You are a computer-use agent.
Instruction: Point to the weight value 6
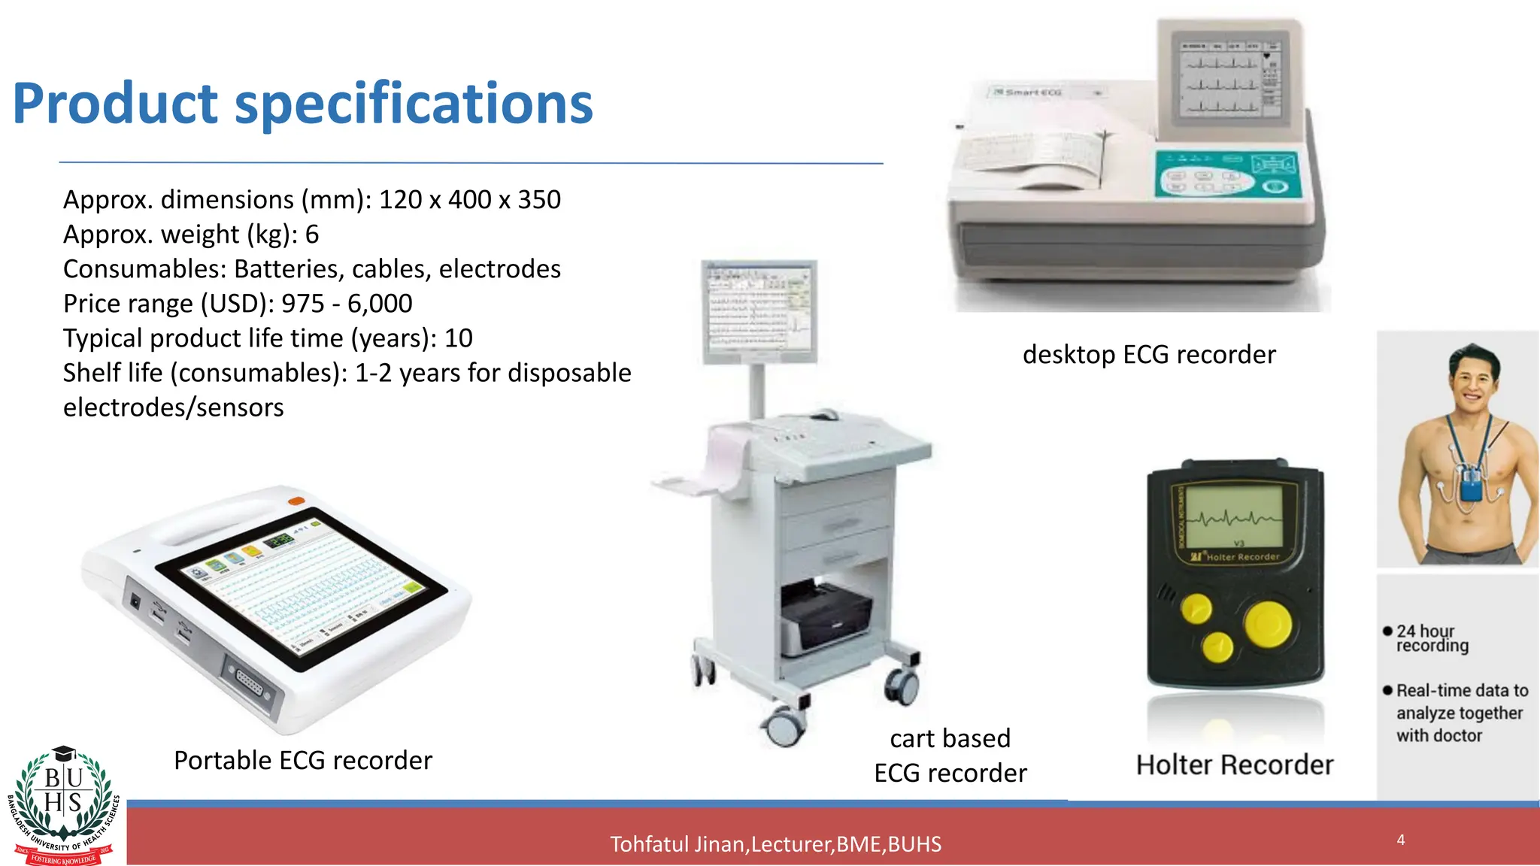[312, 235]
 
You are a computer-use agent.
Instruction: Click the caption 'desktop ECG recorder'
[1149, 354]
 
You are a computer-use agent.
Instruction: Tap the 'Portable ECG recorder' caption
[303, 760]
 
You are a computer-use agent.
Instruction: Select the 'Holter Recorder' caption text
[1235, 765]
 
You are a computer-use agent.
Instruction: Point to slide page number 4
[1401, 840]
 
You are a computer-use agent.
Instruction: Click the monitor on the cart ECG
[759, 310]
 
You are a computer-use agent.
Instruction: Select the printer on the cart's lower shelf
[825, 616]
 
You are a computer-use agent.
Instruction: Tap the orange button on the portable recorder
[296, 500]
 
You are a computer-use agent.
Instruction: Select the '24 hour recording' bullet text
[1432, 638]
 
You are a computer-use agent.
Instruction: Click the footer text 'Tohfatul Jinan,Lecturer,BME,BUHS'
[775, 844]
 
